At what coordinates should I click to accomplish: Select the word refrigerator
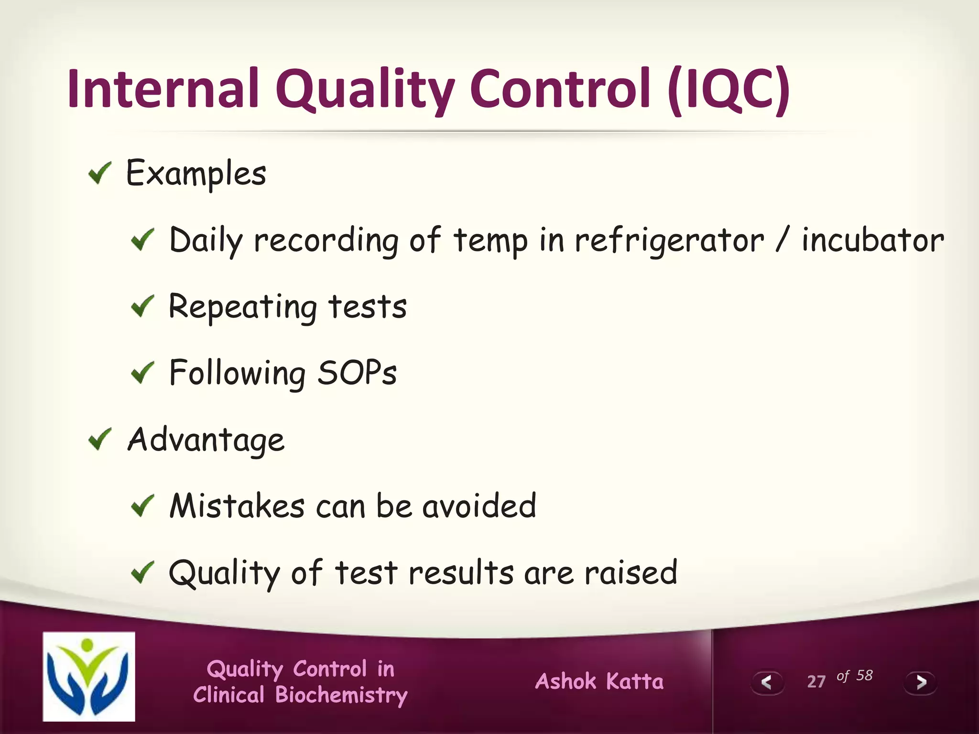tap(669, 240)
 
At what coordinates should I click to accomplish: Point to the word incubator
tap(872, 240)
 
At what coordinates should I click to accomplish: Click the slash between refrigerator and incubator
tap(781, 240)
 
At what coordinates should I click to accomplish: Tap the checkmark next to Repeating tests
tap(142, 306)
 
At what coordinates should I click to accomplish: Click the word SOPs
tap(357, 373)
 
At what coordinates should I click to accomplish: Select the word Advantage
tap(206, 440)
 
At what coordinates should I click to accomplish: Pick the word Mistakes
tap(237, 506)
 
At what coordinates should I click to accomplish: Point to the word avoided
tap(479, 506)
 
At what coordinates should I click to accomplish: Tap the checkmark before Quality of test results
tap(142, 572)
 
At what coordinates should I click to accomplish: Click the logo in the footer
tap(89, 676)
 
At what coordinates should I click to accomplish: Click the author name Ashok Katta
tap(599, 681)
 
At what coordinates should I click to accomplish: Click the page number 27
tap(816, 681)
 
